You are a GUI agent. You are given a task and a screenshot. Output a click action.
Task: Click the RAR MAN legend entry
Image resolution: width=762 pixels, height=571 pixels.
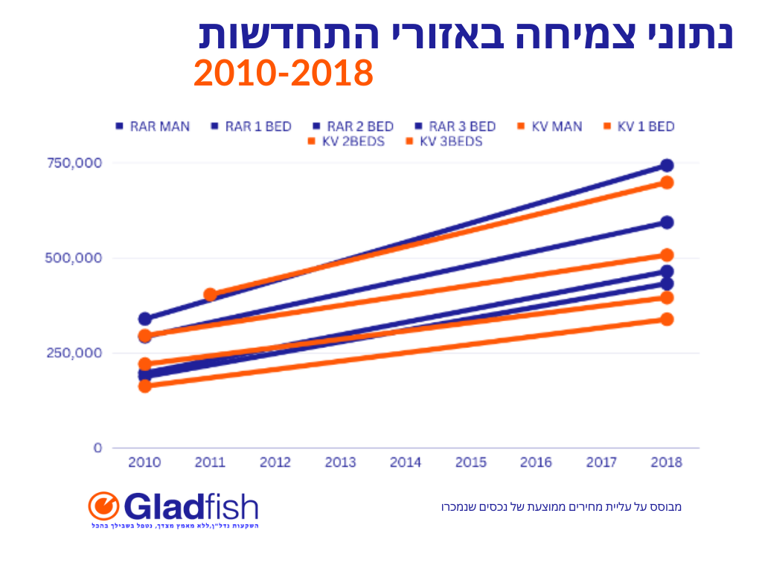153,126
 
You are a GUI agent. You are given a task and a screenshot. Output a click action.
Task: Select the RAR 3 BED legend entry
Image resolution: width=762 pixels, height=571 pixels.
455,126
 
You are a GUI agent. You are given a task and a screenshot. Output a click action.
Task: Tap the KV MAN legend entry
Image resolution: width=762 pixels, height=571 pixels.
550,126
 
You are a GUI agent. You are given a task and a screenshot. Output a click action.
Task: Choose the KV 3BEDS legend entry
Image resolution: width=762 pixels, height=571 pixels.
444,141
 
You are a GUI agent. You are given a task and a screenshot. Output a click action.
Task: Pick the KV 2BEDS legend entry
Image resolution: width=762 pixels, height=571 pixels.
346,141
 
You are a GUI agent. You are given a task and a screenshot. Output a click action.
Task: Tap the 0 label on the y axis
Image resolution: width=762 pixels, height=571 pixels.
97,448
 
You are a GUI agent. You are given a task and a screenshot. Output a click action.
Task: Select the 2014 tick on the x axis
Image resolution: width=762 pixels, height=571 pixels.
406,462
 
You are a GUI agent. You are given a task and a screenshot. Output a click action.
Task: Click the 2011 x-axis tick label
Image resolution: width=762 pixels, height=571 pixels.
210,462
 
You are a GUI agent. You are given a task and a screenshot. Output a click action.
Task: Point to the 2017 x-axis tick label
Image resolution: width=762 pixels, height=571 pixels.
601,462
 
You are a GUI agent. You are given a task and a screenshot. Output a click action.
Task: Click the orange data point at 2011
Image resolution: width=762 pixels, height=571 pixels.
210,295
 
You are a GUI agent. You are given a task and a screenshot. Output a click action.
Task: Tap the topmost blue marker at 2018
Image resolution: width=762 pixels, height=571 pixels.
667,165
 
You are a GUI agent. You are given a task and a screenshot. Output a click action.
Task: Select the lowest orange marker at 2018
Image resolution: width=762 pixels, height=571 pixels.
667,319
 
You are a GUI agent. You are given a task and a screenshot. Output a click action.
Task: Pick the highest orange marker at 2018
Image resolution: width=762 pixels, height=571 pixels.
667,182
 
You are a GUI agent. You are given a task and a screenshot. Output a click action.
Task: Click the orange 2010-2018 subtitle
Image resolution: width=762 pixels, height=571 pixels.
283,74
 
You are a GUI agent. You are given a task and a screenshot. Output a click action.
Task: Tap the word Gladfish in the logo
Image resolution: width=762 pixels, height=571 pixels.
190,508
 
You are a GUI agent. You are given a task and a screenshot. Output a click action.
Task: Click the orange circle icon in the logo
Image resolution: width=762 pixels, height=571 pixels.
103,506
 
